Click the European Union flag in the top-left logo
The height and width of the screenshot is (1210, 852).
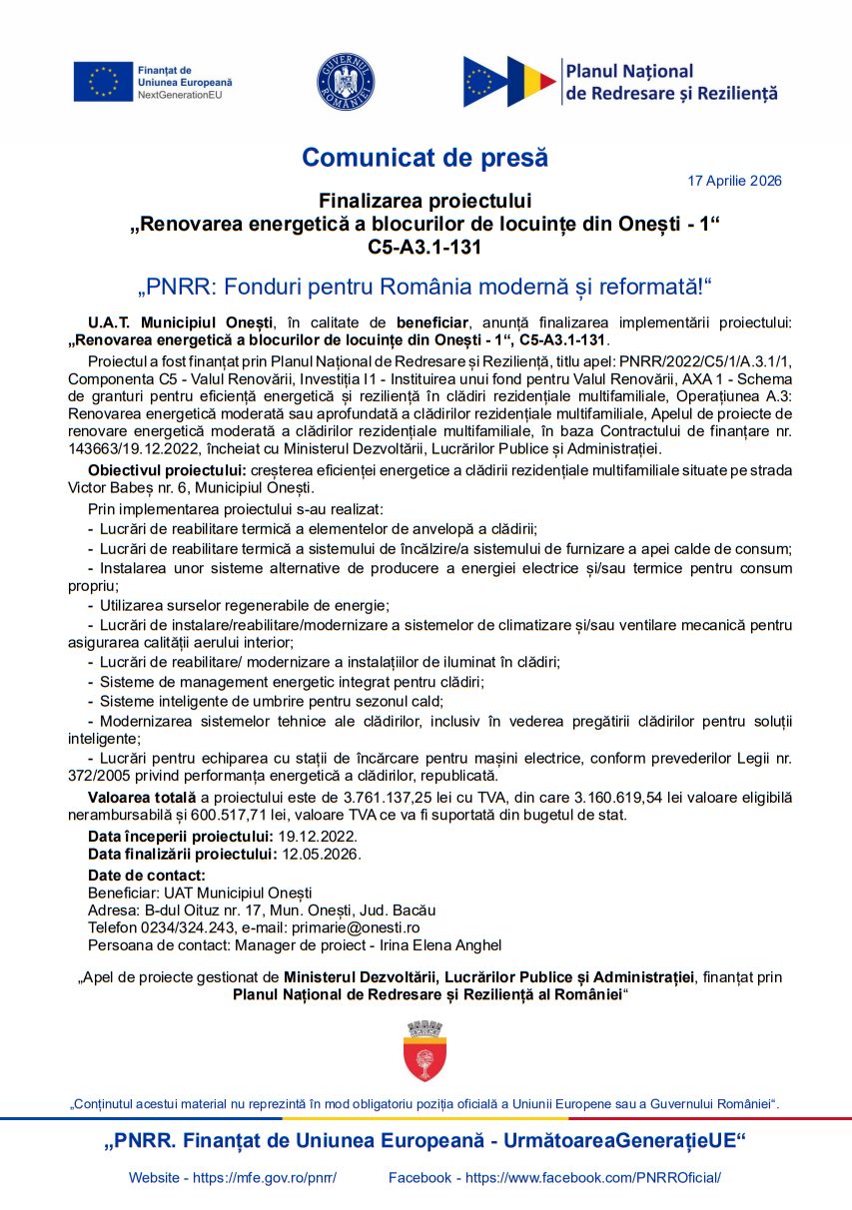click(x=102, y=82)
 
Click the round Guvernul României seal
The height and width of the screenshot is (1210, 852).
click(x=346, y=81)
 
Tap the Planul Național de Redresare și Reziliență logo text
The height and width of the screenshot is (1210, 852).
click(x=670, y=82)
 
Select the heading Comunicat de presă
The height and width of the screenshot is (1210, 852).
click(x=425, y=158)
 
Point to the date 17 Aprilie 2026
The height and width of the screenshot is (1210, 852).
click(x=734, y=181)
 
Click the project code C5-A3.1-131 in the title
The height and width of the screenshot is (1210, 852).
click(x=425, y=247)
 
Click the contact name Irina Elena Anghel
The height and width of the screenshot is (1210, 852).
click(x=440, y=945)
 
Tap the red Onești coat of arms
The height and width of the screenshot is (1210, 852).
click(x=425, y=1051)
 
